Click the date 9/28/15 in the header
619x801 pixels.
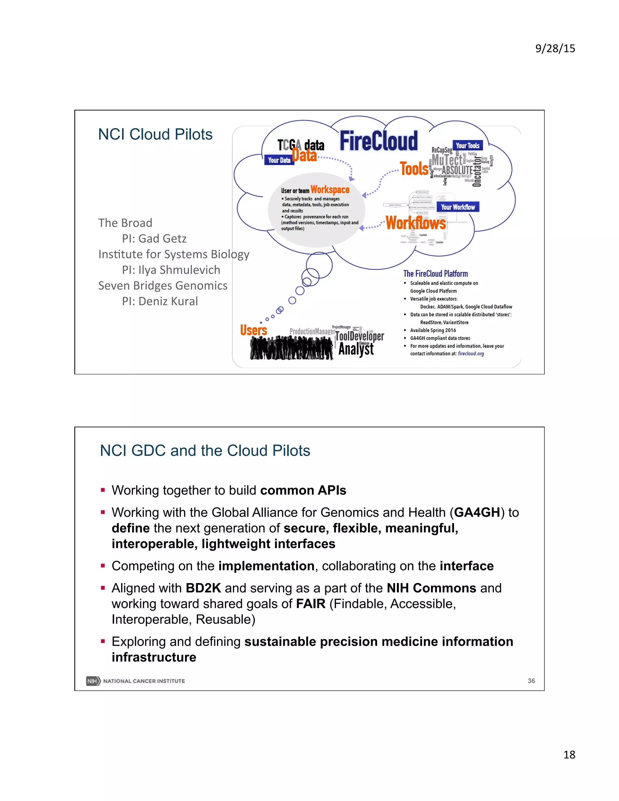pyautogui.click(x=555, y=48)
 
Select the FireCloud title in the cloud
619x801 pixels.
pyautogui.click(x=378, y=141)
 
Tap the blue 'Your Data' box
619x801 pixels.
pyautogui.click(x=279, y=160)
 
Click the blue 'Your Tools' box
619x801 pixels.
pyautogui.click(x=467, y=146)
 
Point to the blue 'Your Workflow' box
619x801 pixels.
pyautogui.click(x=458, y=207)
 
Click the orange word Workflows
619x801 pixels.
pyautogui.click(x=416, y=223)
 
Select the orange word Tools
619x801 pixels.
pyautogui.click(x=414, y=169)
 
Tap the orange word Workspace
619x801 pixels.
pyautogui.click(x=330, y=190)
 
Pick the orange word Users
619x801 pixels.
pyautogui.click(x=253, y=330)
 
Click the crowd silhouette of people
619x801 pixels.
pyautogui.click(x=292, y=348)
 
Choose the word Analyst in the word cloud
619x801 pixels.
pyautogui.click(x=356, y=349)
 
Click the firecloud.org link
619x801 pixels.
pyautogui.click(x=471, y=354)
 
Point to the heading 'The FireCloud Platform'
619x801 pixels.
pyautogui.click(x=435, y=274)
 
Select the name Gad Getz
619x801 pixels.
pyautogui.click(x=162, y=239)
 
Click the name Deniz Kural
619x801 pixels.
pyautogui.click(x=168, y=301)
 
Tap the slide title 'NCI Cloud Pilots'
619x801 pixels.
pyautogui.click(x=155, y=134)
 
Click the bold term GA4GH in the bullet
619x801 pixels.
pyautogui.click(x=477, y=512)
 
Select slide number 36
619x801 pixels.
pyautogui.click(x=531, y=681)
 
